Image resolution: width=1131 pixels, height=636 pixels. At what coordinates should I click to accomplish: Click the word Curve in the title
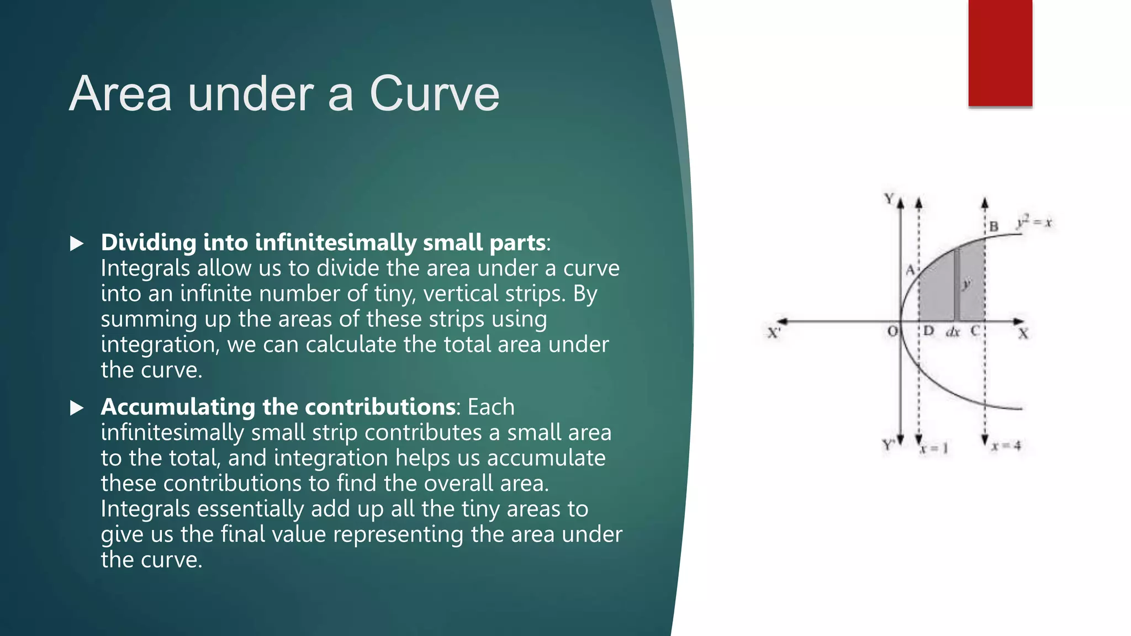pos(434,94)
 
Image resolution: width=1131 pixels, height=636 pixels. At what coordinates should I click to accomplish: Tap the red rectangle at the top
pos(1000,53)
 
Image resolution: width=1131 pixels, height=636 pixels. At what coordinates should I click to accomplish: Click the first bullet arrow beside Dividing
pos(77,243)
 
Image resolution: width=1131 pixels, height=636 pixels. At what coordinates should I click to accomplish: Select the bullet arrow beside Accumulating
pos(77,408)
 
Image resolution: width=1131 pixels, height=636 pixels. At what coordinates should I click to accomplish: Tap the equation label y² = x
pos(1034,222)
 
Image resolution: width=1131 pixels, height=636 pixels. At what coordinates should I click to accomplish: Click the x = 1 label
pos(934,448)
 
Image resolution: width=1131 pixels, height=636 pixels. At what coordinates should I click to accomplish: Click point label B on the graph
pos(994,226)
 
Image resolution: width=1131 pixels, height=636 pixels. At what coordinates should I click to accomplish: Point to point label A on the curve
pos(910,270)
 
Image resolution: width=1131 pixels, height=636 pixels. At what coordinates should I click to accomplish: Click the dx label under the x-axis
pos(953,332)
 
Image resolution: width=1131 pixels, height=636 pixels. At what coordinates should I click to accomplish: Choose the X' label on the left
pos(774,333)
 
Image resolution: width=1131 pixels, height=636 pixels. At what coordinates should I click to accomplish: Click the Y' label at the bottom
pos(888,445)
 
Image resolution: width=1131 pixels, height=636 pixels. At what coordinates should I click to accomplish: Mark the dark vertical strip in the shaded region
pos(956,284)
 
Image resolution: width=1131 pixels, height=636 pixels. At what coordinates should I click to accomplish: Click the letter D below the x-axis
pos(929,331)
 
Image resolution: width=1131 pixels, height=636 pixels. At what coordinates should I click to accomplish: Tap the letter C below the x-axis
pos(975,331)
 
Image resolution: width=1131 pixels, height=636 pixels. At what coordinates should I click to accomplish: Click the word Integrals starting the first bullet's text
pos(145,269)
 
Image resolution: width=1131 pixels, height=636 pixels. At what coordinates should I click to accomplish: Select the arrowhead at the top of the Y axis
pos(901,203)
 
